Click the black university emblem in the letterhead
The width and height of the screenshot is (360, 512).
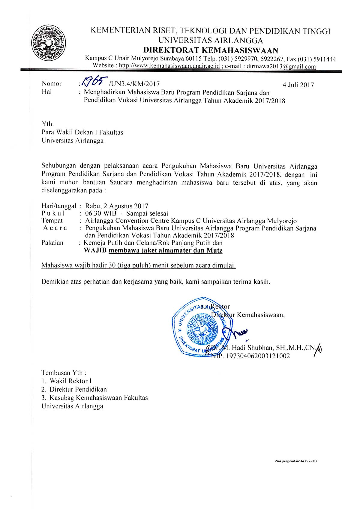48,43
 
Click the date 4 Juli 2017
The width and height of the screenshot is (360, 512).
298,85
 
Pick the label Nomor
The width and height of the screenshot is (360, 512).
52,84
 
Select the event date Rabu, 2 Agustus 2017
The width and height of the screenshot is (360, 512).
117,206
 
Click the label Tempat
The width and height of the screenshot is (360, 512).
52,221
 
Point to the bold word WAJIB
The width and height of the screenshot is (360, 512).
95,250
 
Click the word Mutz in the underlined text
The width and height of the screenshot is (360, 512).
214,250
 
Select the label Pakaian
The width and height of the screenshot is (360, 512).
52,243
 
